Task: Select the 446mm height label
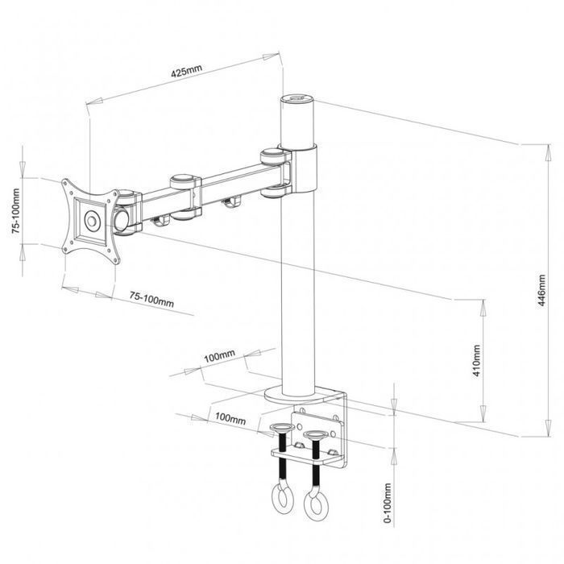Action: [542, 290]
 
